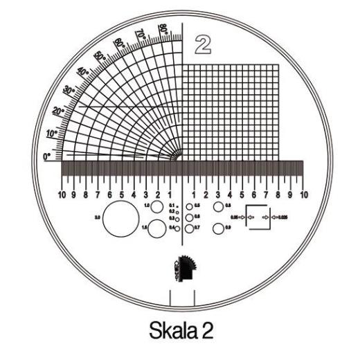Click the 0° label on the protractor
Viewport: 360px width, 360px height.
coord(48,157)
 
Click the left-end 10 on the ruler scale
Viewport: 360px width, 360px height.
coord(62,195)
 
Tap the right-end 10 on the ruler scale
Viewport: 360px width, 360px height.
coord(303,195)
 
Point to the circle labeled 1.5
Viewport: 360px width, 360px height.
coord(157,228)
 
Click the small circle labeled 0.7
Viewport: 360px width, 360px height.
coord(189,228)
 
